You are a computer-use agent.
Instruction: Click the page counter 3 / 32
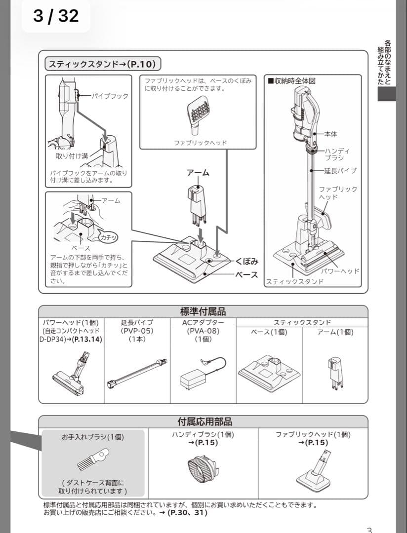[x=56, y=16]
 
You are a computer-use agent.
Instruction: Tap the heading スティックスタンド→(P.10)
[x=103, y=64]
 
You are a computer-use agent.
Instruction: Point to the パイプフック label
[x=110, y=96]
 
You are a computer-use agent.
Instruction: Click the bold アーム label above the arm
[x=198, y=173]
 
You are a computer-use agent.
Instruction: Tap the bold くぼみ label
[x=247, y=261]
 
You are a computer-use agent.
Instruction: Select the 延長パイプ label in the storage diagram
[x=340, y=171]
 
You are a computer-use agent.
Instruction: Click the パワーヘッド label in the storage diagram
[x=340, y=271]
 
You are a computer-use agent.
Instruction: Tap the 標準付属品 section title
[x=203, y=311]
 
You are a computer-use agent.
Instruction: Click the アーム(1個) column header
[x=335, y=332]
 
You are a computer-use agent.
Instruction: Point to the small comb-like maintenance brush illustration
[x=92, y=459]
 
